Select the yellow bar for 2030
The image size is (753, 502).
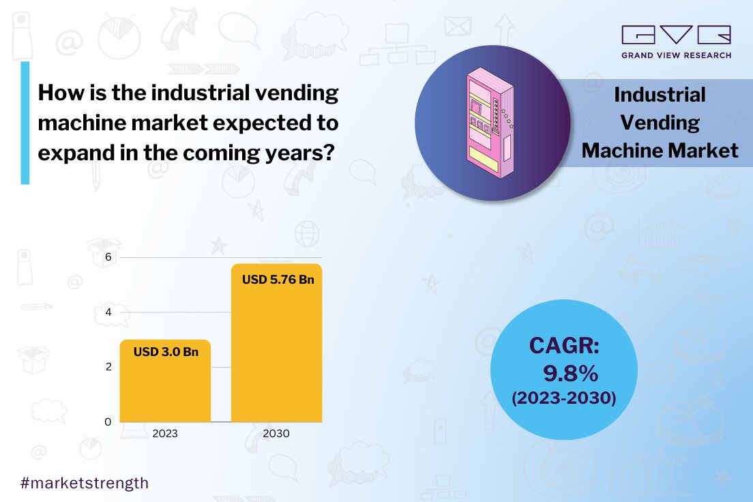277,355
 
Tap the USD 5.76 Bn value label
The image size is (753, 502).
278,280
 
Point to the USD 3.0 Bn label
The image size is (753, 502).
165,353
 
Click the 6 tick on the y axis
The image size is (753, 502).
107,257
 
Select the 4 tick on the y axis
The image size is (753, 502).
107,312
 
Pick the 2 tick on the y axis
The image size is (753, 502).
107,367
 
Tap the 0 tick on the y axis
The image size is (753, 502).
107,422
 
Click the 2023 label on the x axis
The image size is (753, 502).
165,434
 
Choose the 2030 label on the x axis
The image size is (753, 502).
277,434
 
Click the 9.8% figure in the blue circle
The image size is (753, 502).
570,373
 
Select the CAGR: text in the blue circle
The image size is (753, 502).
564,346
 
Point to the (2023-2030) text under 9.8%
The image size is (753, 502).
564,398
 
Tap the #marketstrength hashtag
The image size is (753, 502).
85,483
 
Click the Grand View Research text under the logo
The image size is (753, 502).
675,55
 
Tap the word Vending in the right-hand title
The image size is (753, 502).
660,123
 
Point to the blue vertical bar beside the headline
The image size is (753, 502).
25,123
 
